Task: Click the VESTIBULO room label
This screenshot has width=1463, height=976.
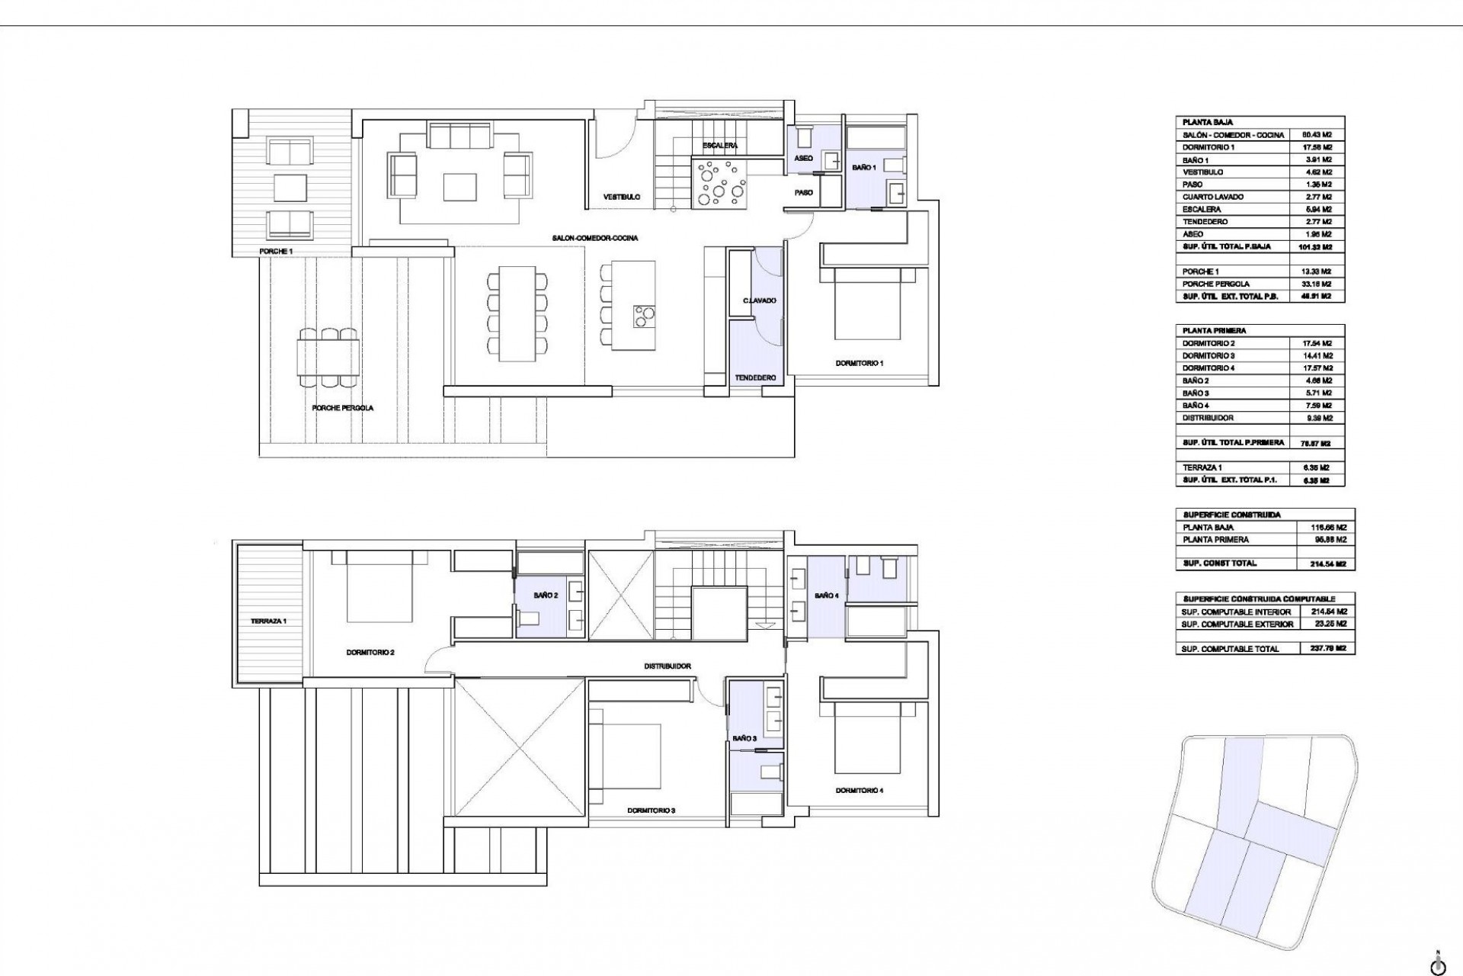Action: [621, 197]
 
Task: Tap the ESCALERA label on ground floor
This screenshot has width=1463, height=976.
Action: [719, 146]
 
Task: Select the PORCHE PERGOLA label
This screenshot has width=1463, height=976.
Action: [342, 408]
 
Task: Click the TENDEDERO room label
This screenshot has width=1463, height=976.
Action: [755, 378]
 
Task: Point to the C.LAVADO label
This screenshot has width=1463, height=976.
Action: [760, 300]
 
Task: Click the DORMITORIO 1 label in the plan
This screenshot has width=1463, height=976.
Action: [859, 363]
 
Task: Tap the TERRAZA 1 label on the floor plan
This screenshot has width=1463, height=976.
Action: [268, 621]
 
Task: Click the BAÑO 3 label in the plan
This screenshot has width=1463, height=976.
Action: [744, 739]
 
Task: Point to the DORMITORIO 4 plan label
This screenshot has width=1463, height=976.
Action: [859, 791]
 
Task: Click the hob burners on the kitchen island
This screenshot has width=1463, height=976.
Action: [645, 315]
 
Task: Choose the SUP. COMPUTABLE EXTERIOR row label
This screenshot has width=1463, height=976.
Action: [1237, 624]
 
